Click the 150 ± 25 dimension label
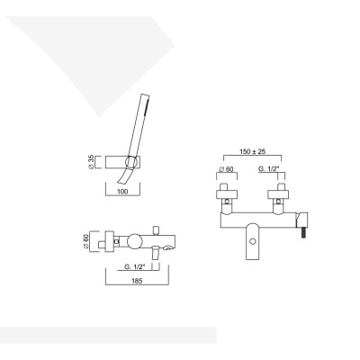coord(253,151)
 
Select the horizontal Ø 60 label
coord(227,169)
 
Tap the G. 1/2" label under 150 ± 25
coord(269,169)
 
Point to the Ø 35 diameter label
coord(91,162)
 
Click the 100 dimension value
coord(122,192)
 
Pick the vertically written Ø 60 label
coord(85,241)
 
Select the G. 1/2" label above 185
coord(135,266)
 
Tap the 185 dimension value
coord(137,281)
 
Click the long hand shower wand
coord(138,128)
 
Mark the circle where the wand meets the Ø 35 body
coord(131,162)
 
